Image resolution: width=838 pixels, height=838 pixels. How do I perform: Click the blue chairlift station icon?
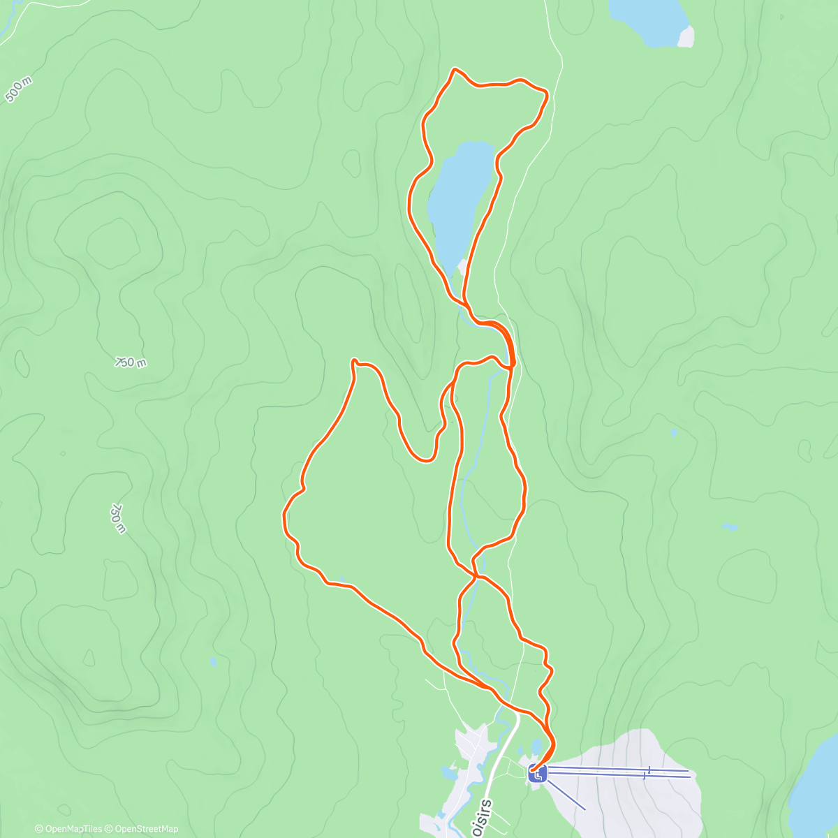538,773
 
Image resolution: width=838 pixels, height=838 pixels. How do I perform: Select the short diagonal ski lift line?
566,795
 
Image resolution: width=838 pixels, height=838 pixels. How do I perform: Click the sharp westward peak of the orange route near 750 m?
354,361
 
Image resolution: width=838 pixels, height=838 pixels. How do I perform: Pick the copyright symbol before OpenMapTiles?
39,829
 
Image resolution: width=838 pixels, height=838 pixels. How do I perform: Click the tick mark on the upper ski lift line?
649,770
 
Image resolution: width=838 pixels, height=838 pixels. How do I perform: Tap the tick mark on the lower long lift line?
644,775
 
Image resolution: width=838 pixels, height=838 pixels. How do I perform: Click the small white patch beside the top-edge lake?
686,36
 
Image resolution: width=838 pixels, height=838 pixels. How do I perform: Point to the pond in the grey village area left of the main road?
447,772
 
